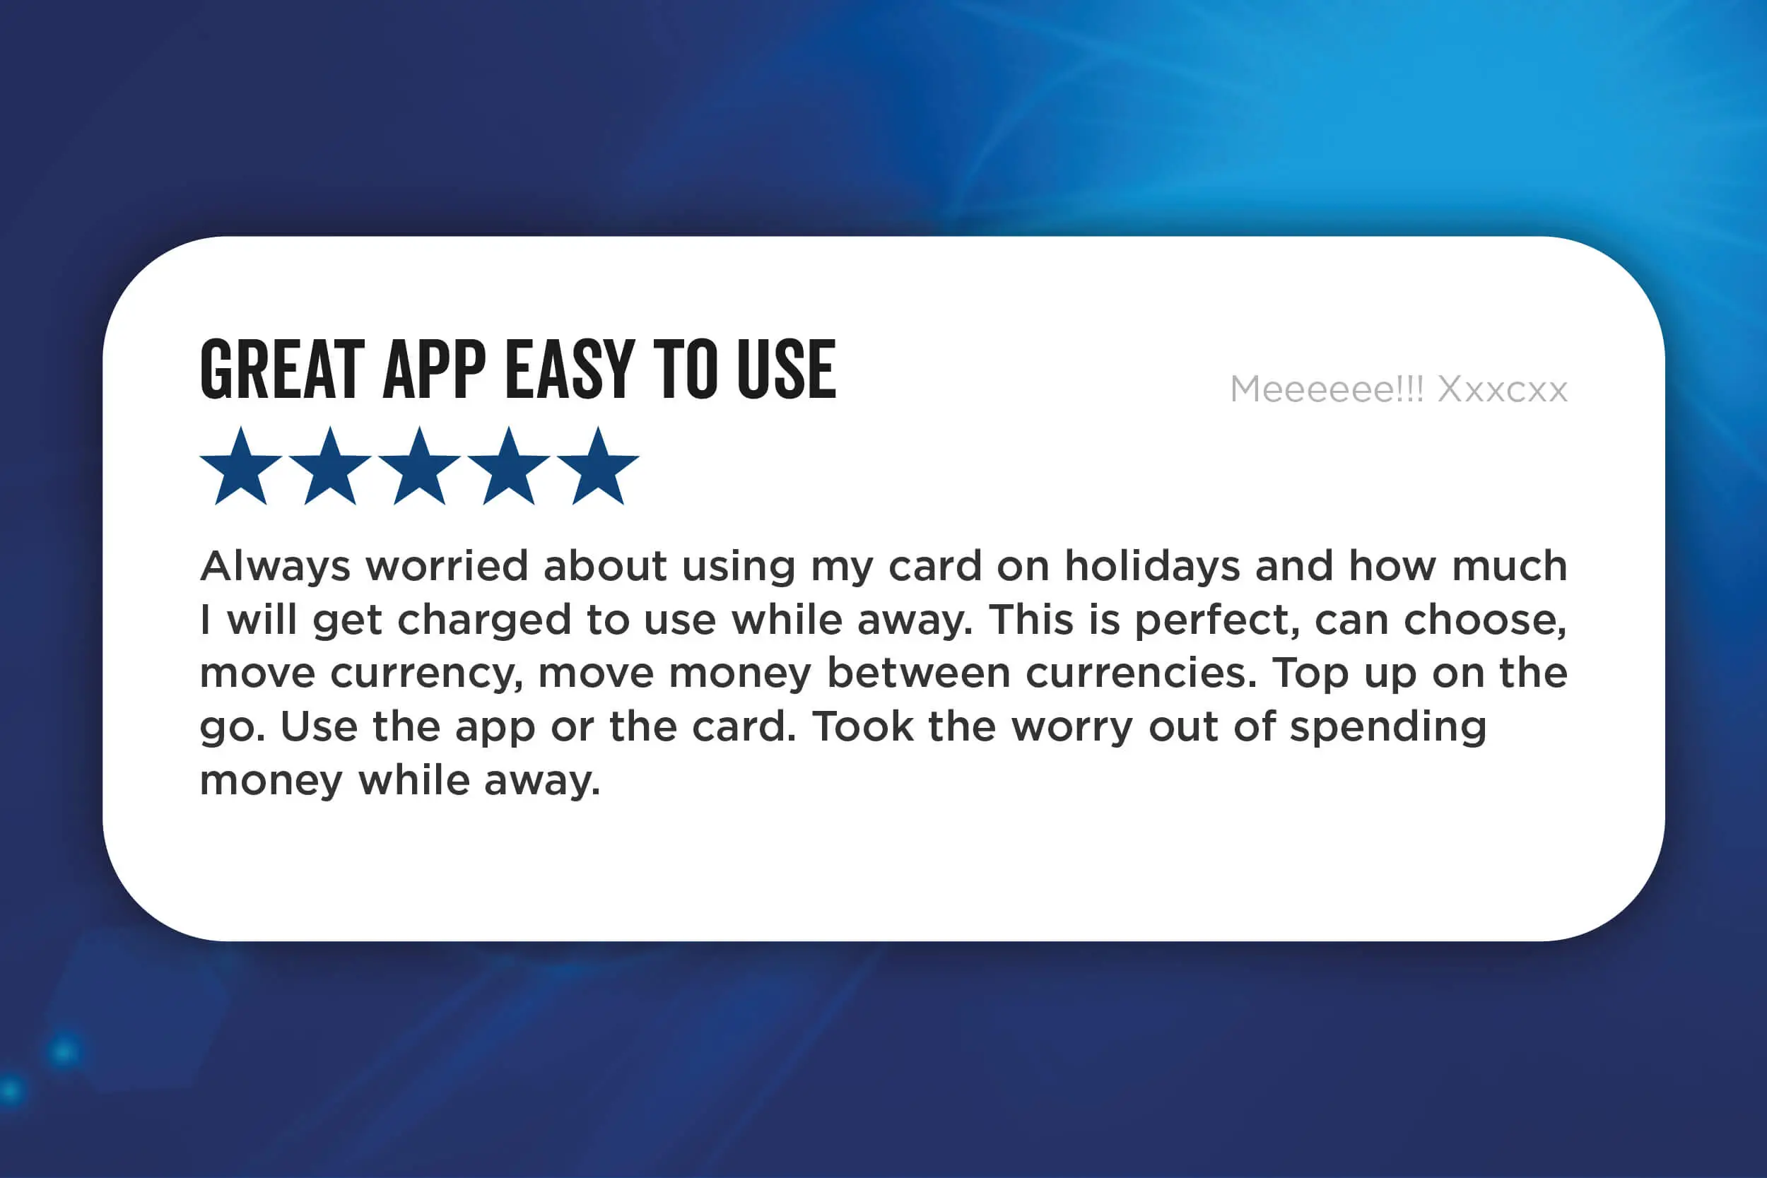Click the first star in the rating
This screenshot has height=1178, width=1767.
241,466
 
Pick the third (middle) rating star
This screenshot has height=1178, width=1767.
419,466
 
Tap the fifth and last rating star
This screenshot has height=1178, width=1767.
598,466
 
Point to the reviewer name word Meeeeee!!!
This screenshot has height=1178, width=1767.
1327,389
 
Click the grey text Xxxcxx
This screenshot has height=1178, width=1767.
1503,389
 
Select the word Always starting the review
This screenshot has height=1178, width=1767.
275,567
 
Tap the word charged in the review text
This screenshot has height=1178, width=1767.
485,620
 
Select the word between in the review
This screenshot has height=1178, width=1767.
919,673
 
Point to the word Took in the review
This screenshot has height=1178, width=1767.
863,726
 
